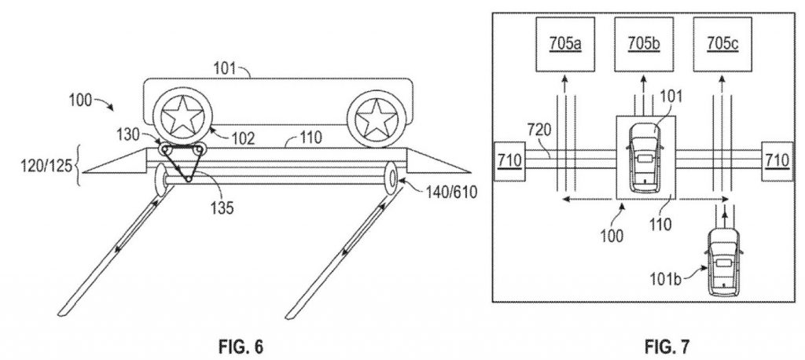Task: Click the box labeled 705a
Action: [x=565, y=44]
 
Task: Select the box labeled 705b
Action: [x=644, y=44]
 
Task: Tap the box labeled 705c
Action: [x=723, y=44]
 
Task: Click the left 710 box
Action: [x=509, y=160]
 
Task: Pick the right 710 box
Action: [x=777, y=160]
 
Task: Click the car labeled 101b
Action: [x=724, y=263]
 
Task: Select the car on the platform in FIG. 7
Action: [x=644, y=156]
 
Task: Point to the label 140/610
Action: [x=451, y=192]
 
